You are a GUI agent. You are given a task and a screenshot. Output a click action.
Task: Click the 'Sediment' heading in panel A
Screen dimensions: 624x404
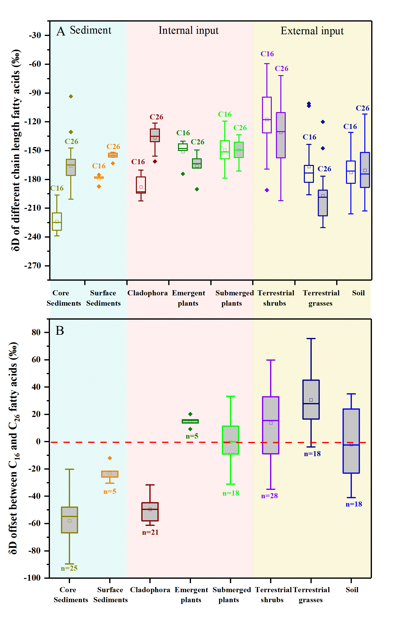[91, 30]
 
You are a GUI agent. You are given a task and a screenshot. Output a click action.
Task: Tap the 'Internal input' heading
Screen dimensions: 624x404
[188, 30]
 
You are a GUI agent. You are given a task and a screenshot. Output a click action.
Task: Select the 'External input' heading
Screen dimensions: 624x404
[312, 31]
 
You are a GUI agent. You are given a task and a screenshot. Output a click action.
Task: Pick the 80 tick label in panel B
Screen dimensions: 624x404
[36, 333]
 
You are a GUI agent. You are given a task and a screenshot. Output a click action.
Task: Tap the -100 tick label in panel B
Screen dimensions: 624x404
[33, 578]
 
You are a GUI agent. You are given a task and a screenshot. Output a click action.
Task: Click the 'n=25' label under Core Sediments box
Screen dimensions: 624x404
[69, 568]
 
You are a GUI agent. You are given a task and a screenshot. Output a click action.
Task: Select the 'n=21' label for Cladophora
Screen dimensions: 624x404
[150, 532]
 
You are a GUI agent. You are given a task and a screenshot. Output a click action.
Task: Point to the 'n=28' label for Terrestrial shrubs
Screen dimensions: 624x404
[269, 496]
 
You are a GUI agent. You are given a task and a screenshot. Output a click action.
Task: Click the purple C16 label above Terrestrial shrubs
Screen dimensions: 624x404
[267, 54]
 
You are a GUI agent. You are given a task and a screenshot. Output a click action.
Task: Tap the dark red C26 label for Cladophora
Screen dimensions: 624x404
[156, 117]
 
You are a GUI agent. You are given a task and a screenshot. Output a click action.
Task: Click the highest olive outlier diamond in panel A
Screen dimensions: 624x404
[71, 96]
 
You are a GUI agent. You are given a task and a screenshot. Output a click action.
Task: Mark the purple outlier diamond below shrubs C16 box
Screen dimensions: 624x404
[267, 190]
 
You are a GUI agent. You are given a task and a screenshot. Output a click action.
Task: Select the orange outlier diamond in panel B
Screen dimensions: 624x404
[110, 458]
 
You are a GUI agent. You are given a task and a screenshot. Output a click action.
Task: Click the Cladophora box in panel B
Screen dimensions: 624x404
[150, 511]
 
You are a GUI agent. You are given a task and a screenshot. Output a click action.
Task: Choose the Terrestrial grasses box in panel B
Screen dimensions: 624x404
[311, 400]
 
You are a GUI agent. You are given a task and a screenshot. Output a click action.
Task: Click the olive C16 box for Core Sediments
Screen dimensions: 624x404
[57, 221]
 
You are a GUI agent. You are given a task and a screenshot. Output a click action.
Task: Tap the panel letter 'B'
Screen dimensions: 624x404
[60, 331]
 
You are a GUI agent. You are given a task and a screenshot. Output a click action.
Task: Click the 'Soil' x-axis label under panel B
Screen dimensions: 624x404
[352, 590]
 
